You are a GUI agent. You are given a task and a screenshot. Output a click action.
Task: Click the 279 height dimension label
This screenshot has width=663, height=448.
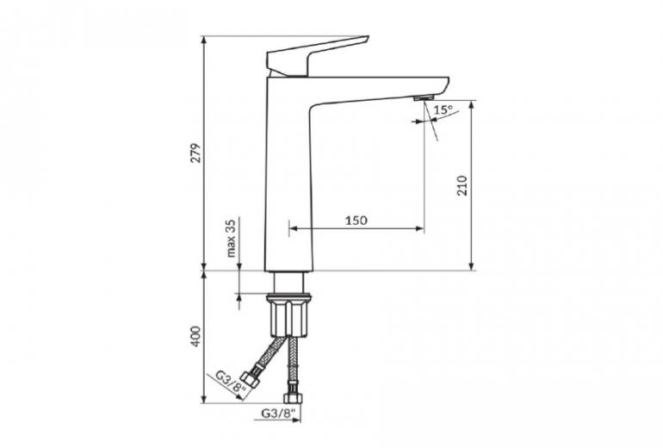195,153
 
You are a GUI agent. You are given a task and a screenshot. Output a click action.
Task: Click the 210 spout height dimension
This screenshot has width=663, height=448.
463,185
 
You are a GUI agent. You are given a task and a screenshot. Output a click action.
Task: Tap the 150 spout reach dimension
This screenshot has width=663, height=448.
356,221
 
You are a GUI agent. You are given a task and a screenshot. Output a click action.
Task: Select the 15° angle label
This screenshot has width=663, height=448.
443,110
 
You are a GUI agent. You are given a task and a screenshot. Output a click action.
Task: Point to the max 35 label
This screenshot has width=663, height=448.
231,239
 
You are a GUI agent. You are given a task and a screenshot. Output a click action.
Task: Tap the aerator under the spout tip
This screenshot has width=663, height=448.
424,98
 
